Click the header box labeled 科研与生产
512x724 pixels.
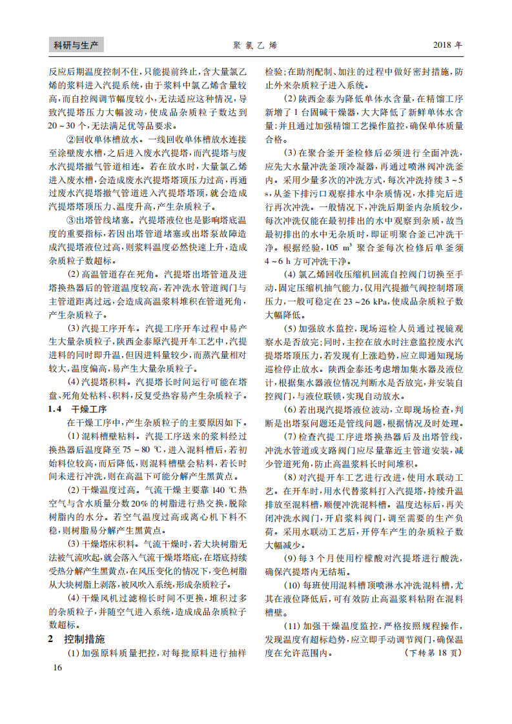pos(76,45)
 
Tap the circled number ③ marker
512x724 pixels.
pos(71,221)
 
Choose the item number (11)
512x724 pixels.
pos(292,626)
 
